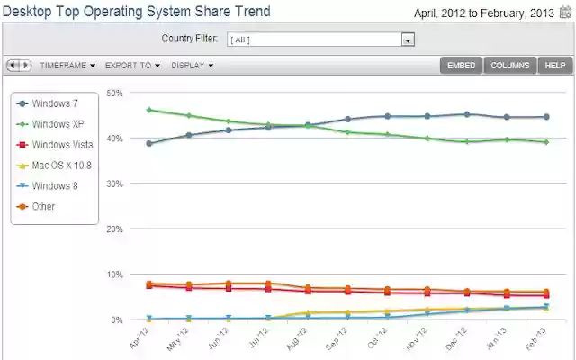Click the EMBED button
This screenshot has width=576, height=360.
[461, 66]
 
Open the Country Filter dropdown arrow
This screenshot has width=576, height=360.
[408, 40]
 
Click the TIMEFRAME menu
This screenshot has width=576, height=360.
[67, 66]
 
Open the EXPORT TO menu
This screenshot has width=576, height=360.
[132, 66]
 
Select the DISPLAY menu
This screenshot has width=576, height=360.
[192, 66]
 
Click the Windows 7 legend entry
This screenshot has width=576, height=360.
[55, 103]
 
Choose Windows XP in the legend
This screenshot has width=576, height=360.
[57, 124]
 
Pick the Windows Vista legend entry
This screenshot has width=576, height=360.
[60, 145]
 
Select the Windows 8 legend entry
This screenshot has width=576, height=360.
[55, 186]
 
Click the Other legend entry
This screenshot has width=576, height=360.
[43, 207]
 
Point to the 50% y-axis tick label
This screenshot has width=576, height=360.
[114, 93]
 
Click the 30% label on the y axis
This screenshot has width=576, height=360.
[114, 184]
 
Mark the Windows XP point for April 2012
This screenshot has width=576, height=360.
[148, 111]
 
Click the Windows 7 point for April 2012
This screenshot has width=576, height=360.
[148, 143]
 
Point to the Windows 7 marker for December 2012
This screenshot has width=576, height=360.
[466, 114]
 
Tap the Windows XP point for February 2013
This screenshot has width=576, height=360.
[545, 142]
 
